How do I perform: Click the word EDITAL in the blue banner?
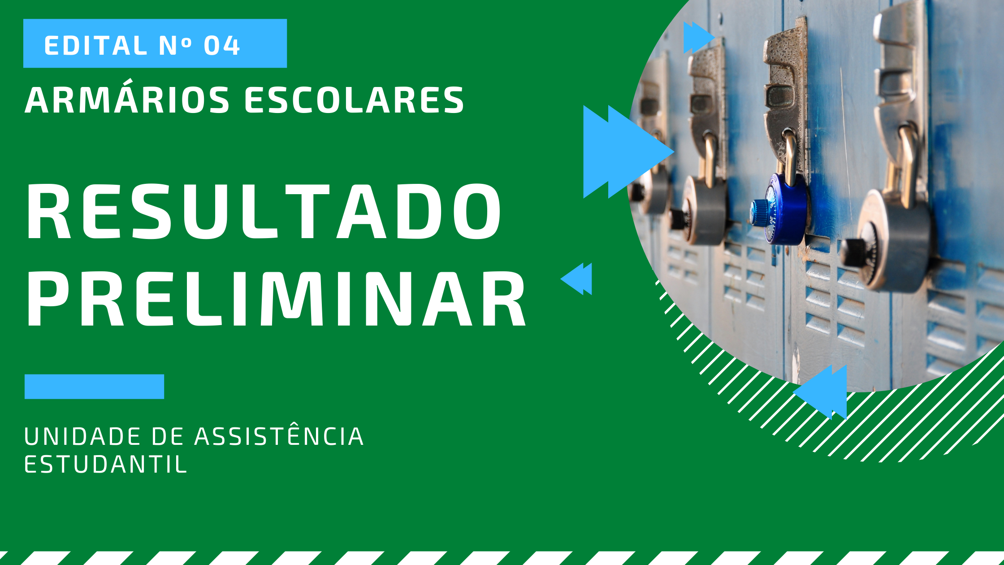click(x=96, y=45)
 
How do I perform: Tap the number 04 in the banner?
click(x=222, y=45)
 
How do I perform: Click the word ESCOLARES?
click(x=354, y=100)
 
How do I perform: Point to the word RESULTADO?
click(x=264, y=212)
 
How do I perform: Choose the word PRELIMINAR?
click(x=276, y=299)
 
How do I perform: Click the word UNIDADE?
click(x=82, y=437)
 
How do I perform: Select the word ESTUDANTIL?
click(x=105, y=465)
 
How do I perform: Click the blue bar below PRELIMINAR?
click(x=94, y=387)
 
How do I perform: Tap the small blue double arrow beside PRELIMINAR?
click(x=576, y=278)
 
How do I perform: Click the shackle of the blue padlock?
click(x=789, y=155)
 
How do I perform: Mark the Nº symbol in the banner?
click(x=175, y=45)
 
